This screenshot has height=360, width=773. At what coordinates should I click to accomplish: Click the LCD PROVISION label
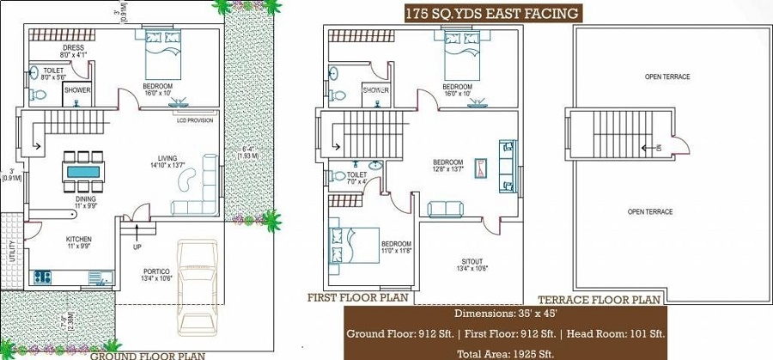tap(194, 120)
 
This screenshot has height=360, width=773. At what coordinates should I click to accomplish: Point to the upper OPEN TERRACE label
tap(666, 77)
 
